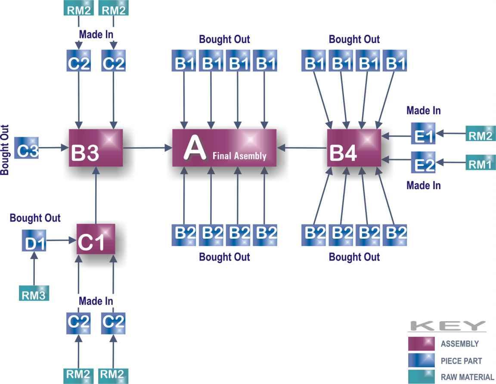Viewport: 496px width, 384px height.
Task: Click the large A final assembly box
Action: [x=224, y=147]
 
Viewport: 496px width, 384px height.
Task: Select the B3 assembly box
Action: [x=96, y=148]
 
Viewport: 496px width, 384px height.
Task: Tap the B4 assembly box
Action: [x=354, y=148]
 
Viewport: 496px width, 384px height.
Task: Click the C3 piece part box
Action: [x=26, y=148]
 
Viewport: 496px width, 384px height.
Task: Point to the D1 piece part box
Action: [x=34, y=241]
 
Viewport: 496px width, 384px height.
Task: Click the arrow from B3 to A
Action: [x=147, y=148]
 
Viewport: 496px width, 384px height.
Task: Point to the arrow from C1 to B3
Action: [x=96, y=196]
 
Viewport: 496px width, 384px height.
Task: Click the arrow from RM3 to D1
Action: [x=34, y=269]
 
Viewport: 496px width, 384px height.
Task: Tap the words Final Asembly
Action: [x=239, y=156]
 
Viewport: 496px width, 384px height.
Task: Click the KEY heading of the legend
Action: [x=447, y=326]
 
